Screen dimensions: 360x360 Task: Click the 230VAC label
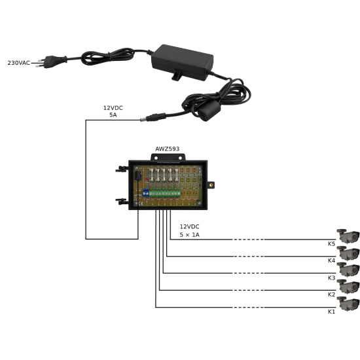(x=19, y=63)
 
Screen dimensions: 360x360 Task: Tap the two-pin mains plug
(x=51, y=62)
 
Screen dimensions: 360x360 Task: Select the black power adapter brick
(x=182, y=62)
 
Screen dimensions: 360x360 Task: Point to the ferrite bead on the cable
(x=209, y=111)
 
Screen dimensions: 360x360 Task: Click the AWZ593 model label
(x=167, y=149)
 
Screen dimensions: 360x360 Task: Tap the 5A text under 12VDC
(x=113, y=115)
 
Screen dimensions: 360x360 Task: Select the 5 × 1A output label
(x=189, y=234)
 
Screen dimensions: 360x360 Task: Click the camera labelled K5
(x=348, y=236)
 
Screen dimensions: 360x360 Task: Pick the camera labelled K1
(x=348, y=304)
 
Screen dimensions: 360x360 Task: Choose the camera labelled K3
(x=348, y=270)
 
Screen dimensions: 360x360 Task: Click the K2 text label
(x=331, y=295)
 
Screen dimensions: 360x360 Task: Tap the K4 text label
(x=331, y=261)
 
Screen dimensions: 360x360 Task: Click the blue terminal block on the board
(x=146, y=192)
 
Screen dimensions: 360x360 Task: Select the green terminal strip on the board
(x=164, y=193)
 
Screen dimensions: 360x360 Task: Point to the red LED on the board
(x=147, y=179)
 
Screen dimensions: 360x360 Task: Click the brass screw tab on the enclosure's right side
(x=211, y=185)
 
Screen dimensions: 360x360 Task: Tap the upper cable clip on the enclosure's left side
(x=122, y=170)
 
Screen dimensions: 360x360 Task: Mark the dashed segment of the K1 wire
(x=248, y=307)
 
